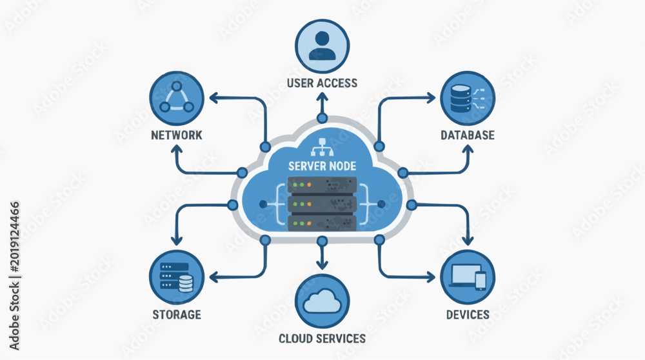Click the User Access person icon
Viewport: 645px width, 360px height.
pyautogui.click(x=322, y=46)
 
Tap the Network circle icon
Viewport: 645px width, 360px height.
pyautogui.click(x=177, y=98)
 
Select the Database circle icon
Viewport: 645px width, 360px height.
pyautogui.click(x=468, y=98)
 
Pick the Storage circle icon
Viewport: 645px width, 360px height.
pyautogui.click(x=177, y=277)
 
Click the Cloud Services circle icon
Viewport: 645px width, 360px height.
pyautogui.click(x=322, y=301)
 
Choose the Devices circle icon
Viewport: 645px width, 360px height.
pyautogui.click(x=468, y=277)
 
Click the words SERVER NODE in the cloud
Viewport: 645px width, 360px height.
pyautogui.click(x=322, y=166)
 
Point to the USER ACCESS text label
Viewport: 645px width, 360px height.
pyautogui.click(x=322, y=83)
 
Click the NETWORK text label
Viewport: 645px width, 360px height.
pyautogui.click(x=177, y=135)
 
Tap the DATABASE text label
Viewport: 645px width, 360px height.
pyautogui.click(x=468, y=135)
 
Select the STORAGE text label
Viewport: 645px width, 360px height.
pyautogui.click(x=177, y=315)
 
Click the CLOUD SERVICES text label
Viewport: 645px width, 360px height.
pyautogui.click(x=322, y=339)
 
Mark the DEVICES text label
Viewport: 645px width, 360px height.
pyautogui.click(x=468, y=315)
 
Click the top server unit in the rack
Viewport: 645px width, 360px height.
pyautogui.click(x=322, y=185)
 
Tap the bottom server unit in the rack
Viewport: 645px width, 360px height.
pyautogui.click(x=322, y=223)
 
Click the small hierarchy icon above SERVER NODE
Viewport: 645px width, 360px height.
pyautogui.click(x=322, y=147)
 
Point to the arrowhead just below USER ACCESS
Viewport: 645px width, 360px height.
pyautogui.click(x=322, y=97)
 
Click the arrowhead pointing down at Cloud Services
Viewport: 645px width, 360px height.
pyautogui.click(x=322, y=264)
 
